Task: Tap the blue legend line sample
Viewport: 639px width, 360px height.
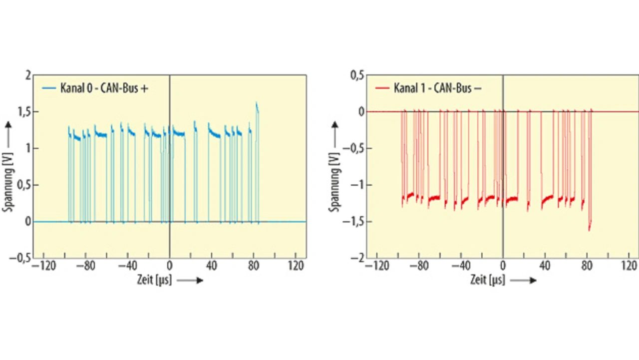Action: (x=48, y=88)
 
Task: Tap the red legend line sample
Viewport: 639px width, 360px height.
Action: (x=381, y=88)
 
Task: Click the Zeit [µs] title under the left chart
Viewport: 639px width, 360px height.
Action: (x=154, y=280)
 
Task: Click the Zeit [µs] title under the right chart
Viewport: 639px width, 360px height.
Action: (x=487, y=280)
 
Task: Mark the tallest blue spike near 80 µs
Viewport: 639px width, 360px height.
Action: (x=257, y=103)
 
